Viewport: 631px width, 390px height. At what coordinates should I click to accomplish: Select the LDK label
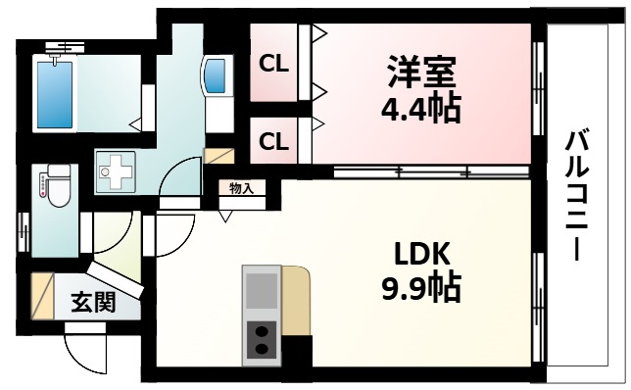pos(421,254)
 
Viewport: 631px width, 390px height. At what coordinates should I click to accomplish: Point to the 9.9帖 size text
pos(421,288)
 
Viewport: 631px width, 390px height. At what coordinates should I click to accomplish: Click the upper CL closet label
pos(273,66)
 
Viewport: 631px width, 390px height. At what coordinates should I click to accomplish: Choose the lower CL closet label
pos(273,141)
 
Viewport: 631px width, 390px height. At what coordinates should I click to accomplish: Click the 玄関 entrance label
pos(92,303)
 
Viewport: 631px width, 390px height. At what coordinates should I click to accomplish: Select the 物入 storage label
pos(240,188)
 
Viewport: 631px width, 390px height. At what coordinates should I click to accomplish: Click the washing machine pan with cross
pos(120,172)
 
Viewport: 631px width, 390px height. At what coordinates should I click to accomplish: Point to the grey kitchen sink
pos(261,290)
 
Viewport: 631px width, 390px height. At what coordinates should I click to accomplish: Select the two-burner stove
pos(261,340)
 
